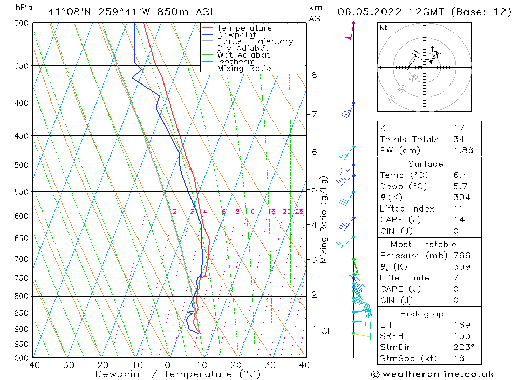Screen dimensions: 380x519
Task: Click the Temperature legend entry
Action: (244, 28)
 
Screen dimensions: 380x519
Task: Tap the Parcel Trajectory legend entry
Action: (254, 41)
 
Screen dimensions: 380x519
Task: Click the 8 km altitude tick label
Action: (314, 75)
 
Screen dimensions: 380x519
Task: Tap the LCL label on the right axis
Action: (323, 331)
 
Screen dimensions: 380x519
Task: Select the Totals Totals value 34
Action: (459, 139)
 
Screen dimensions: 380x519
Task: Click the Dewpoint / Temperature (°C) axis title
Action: (170, 374)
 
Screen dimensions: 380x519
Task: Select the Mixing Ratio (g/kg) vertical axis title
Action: (324, 219)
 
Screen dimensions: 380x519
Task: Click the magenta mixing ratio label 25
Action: (299, 212)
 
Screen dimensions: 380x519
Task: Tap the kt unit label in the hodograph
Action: (384, 27)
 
